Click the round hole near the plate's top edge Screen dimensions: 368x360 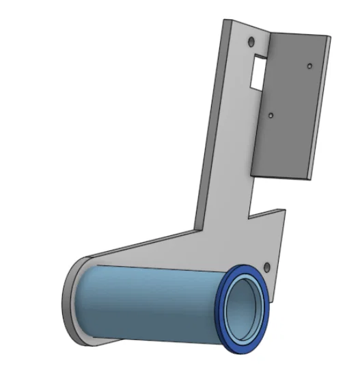click(x=249, y=40)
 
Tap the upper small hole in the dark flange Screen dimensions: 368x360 click(x=309, y=66)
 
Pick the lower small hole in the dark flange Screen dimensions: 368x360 click(x=271, y=116)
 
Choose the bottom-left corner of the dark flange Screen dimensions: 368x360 click(x=251, y=170)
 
